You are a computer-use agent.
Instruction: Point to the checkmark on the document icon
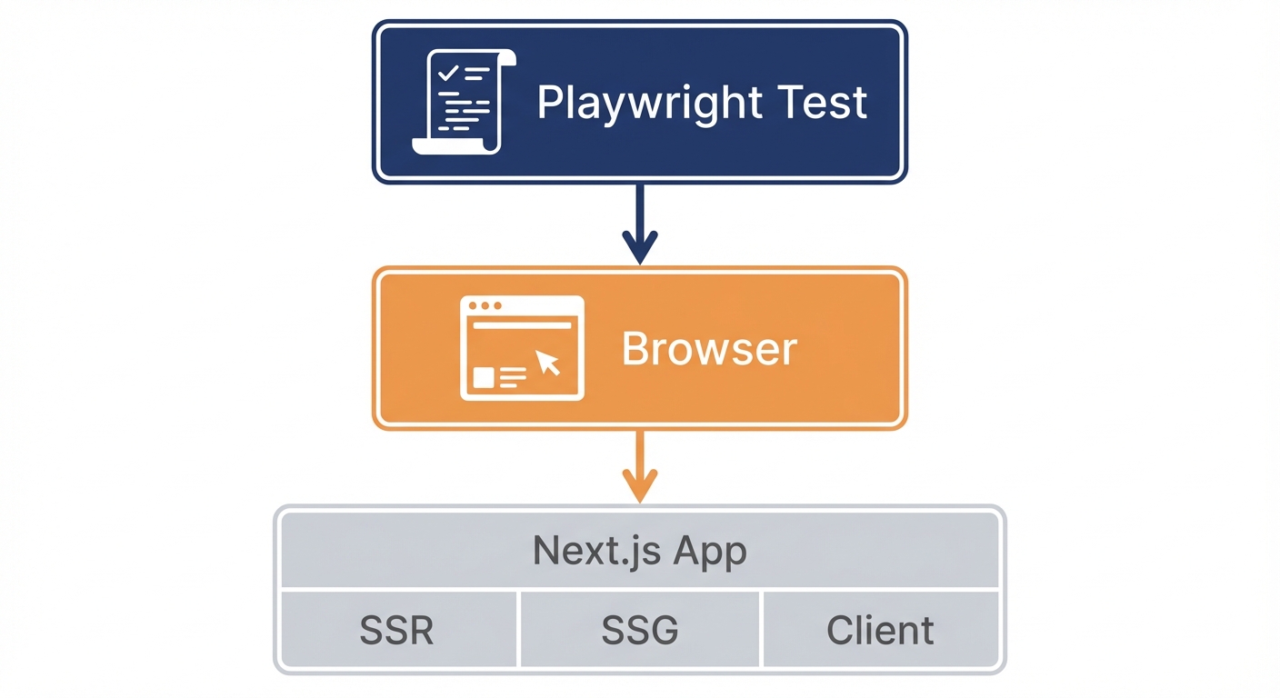point(447,73)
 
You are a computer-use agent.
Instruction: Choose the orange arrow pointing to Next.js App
point(640,468)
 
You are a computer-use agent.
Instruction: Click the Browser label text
point(709,349)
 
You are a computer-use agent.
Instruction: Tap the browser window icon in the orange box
point(522,348)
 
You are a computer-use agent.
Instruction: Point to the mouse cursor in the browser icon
point(548,363)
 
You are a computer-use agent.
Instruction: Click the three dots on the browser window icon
point(484,306)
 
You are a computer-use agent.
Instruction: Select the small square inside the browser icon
point(484,377)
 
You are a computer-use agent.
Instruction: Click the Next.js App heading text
point(639,551)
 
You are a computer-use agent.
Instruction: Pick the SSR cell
point(396,630)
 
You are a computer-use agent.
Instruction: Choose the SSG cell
point(639,630)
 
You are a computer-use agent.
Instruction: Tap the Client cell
point(879,630)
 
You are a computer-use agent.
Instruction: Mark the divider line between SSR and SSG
point(518,629)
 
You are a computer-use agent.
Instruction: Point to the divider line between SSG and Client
point(761,629)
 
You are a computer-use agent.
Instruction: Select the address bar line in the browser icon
point(522,324)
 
